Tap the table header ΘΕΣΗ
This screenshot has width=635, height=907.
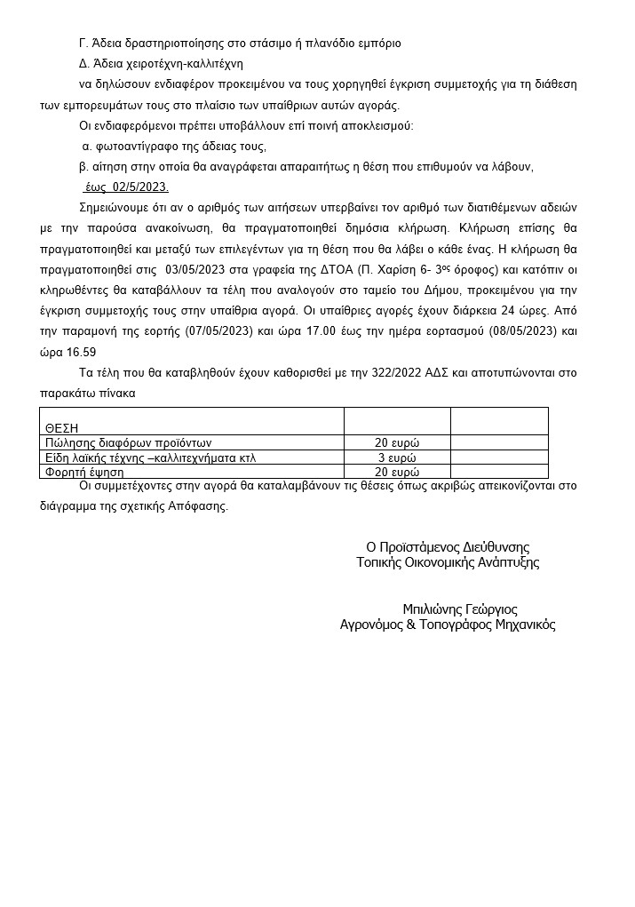tap(62, 428)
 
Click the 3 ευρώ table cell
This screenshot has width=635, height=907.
tap(397, 457)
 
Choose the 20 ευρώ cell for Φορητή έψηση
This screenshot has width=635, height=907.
tap(397, 472)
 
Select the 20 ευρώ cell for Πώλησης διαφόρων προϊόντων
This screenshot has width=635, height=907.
tap(397, 442)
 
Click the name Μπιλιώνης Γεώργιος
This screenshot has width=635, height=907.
tap(459, 609)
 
